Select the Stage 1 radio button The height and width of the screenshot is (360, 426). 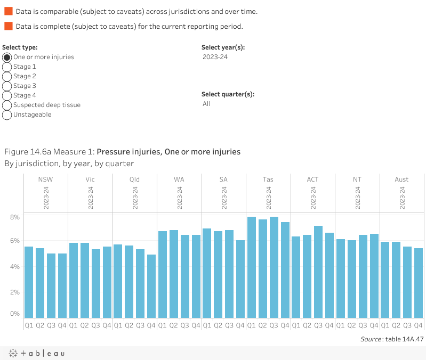[x=7, y=67]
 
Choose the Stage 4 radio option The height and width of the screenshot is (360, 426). [x=7, y=95]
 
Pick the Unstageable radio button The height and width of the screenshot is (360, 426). [x=7, y=114]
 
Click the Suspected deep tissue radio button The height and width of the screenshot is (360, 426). [x=7, y=105]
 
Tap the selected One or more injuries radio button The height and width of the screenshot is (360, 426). [x=7, y=57]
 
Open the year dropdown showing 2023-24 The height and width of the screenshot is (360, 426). [x=215, y=57]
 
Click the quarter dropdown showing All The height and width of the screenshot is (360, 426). [x=207, y=104]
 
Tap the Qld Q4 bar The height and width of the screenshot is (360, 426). [x=151, y=287]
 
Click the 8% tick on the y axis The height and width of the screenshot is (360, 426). [x=14, y=217]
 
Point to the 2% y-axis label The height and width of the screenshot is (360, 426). [x=14, y=292]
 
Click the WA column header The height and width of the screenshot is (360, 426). [x=179, y=179]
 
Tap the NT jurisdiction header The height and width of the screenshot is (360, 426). [x=357, y=179]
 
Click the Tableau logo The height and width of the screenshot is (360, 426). [x=36, y=353]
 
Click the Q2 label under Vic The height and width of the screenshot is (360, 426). [x=85, y=325]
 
